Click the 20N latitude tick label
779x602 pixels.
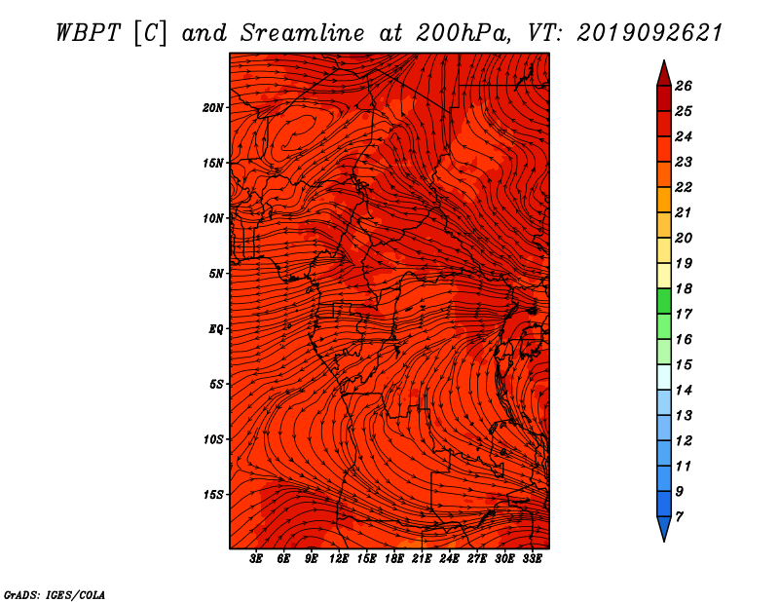pos(212,108)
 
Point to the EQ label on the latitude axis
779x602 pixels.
pos(215,329)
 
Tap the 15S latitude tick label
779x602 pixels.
pos(212,495)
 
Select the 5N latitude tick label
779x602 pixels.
pos(215,274)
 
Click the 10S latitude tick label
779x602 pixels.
pos(212,440)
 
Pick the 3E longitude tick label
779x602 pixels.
pos(256,559)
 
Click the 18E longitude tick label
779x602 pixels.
pos(394,559)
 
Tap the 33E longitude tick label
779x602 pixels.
pos(532,559)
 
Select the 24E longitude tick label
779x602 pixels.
pos(449,559)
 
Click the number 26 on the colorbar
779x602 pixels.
pos(684,86)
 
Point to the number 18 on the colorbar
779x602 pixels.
pos(684,288)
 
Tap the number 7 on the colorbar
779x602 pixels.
pos(679,517)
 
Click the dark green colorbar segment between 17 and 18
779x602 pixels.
pos(664,301)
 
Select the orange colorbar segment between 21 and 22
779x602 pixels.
pos(664,200)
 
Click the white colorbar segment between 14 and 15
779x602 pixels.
pos(664,377)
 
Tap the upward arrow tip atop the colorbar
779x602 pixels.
pos(664,60)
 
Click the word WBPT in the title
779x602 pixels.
pos(88,33)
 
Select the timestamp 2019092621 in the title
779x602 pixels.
pos(649,33)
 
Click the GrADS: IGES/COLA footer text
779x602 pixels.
pos(55,595)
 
